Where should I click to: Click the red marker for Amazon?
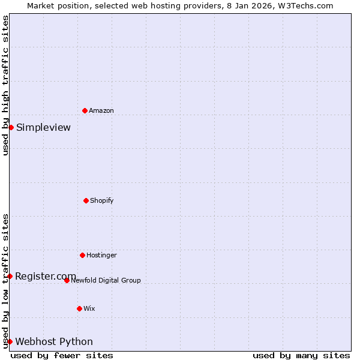(x=85, y=110)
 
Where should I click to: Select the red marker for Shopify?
(x=86, y=200)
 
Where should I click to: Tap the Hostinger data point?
(x=82, y=255)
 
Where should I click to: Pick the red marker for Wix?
(x=79, y=308)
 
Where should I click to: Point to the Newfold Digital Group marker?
(x=67, y=280)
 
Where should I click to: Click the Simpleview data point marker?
(x=11, y=127)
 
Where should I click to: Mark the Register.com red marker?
(x=10, y=276)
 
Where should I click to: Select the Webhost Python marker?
(x=10, y=341)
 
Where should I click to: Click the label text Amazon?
(x=101, y=110)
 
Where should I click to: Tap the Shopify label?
(x=102, y=200)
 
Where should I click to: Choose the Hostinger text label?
(x=101, y=255)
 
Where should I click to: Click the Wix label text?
(x=89, y=308)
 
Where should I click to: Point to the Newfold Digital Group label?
(x=106, y=280)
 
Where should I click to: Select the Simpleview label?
(x=43, y=127)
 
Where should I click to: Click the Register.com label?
(x=46, y=276)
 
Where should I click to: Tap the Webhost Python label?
(x=54, y=341)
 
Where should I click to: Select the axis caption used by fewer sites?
(x=62, y=355)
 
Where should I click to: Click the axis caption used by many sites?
(x=301, y=355)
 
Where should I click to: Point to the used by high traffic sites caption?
(x=5, y=85)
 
